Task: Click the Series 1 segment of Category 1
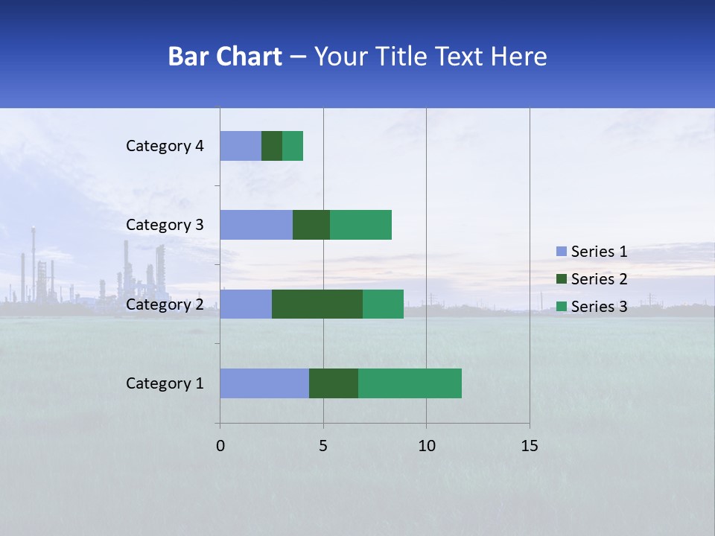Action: tap(264, 383)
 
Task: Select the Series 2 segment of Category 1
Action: tap(334, 383)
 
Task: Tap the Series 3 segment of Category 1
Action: tap(410, 383)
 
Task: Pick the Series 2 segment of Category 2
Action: tap(317, 304)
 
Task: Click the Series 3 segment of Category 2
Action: tap(383, 304)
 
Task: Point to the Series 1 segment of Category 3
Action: tap(256, 225)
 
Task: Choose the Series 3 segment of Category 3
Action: tap(360, 225)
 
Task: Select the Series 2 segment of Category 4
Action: tap(272, 146)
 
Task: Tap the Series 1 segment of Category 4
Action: tap(241, 146)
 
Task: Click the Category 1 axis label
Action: tap(165, 383)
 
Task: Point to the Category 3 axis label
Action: tap(165, 225)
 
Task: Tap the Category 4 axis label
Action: tap(165, 146)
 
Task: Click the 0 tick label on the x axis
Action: tap(220, 446)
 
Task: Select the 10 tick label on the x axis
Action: tap(426, 446)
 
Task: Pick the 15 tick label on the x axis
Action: tap(530, 446)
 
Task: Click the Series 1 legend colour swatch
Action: tap(562, 252)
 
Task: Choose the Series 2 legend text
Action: tap(599, 279)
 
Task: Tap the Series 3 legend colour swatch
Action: tap(562, 307)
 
